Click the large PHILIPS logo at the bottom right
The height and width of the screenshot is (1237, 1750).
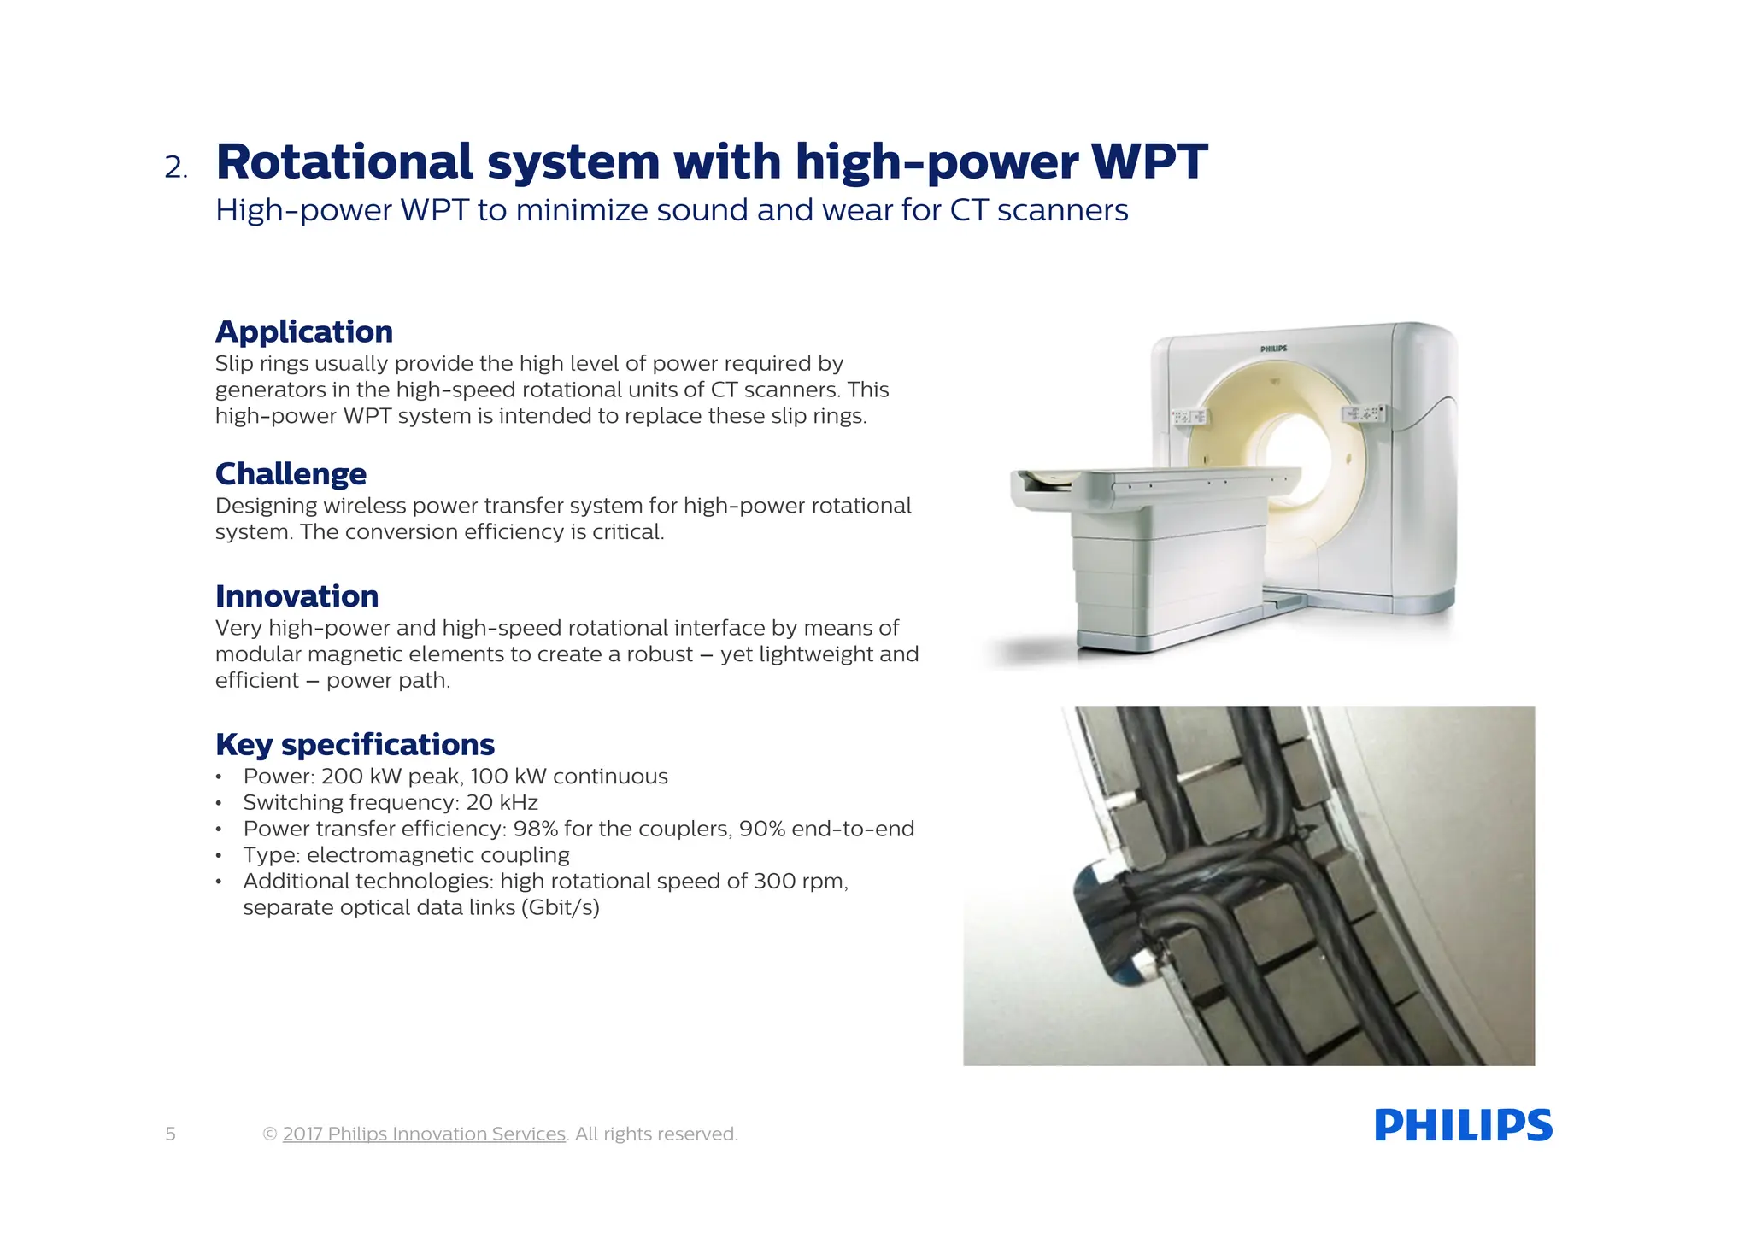click(1463, 1125)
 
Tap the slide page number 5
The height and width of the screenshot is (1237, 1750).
click(171, 1134)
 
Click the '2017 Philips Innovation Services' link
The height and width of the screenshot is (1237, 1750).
click(424, 1134)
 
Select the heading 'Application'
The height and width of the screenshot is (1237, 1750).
click(304, 331)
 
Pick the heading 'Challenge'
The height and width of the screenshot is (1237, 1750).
click(291, 473)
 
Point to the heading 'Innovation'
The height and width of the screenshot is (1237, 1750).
click(297, 595)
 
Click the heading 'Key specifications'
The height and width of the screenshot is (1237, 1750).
click(355, 744)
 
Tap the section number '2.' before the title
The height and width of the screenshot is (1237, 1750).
click(176, 167)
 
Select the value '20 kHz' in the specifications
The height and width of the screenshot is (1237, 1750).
click(502, 802)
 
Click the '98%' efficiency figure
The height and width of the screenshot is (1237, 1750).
click(535, 829)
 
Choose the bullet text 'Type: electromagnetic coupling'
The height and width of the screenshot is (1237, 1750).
click(406, 855)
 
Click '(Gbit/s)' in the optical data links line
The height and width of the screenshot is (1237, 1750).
click(560, 907)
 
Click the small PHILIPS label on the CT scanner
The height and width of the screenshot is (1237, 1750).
click(1273, 349)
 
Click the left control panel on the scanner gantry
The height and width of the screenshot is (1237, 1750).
click(1189, 417)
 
